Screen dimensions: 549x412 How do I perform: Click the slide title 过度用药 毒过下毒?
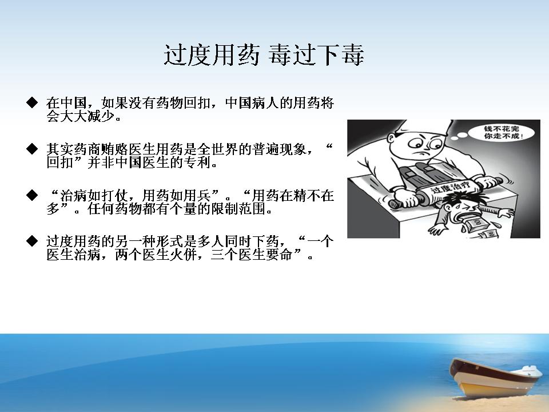click(x=264, y=55)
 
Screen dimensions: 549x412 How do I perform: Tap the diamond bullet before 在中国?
click(x=32, y=102)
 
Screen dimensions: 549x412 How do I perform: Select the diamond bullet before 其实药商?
click(x=32, y=149)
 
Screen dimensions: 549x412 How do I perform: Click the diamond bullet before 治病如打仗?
click(x=32, y=195)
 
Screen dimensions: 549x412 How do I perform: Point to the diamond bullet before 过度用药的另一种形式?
click(x=32, y=241)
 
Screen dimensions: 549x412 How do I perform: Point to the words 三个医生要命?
click(x=252, y=255)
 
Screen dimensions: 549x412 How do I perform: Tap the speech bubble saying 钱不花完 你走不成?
click(x=502, y=132)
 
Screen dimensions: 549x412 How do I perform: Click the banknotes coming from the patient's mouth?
click(x=480, y=227)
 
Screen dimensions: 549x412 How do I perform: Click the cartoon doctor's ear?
click(x=392, y=139)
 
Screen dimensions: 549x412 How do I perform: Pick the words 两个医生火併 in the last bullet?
click(x=156, y=255)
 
